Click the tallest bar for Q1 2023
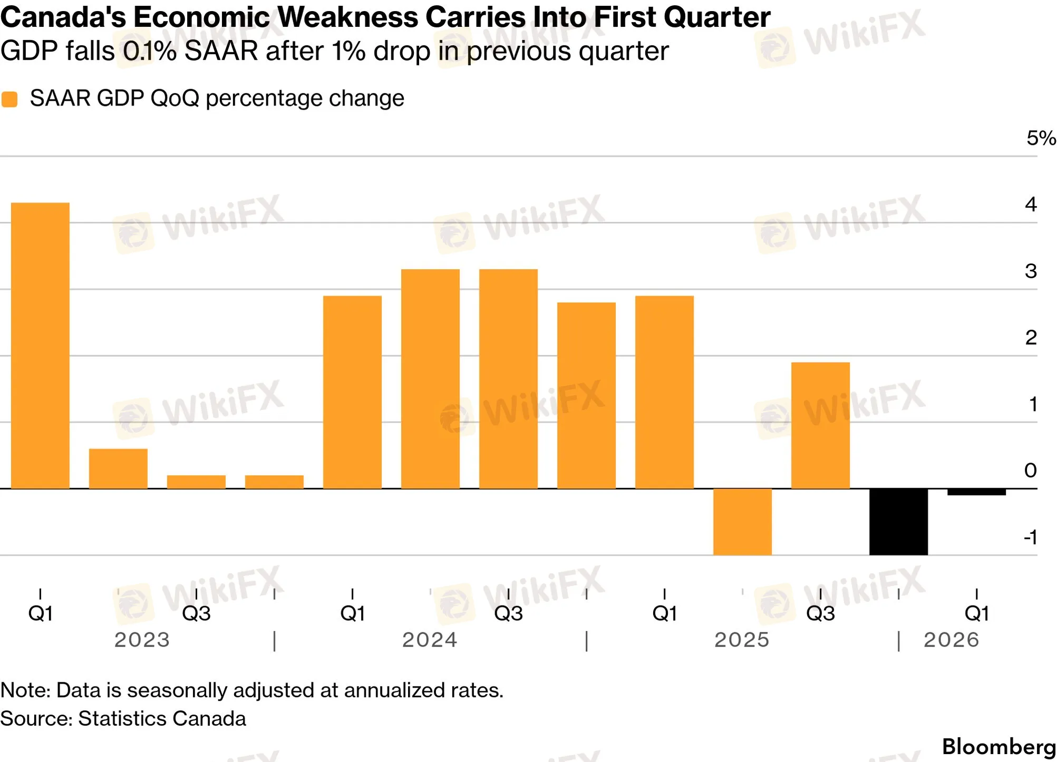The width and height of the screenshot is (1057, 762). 40,346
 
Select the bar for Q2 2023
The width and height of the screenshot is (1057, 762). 118,469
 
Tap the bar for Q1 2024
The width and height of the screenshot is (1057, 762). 352,393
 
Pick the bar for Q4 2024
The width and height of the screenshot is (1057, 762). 586,396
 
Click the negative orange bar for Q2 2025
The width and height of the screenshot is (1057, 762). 742,522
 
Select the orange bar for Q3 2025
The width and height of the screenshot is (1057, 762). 820,426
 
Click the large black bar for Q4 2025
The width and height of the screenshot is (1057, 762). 898,522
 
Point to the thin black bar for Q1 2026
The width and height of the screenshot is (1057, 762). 976,492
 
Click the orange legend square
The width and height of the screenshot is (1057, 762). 9,99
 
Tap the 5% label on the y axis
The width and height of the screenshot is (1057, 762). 1041,138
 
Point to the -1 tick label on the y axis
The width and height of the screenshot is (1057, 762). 1031,538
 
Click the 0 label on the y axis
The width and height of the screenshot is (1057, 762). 1031,470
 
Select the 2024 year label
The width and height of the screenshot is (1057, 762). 430,640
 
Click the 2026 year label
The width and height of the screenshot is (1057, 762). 951,640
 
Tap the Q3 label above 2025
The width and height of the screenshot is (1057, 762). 820,613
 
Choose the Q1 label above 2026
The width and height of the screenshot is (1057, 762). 976,613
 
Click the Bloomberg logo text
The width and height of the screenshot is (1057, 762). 998,747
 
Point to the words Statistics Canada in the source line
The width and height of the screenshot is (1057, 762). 162,719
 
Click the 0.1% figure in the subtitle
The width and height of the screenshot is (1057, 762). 150,52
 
